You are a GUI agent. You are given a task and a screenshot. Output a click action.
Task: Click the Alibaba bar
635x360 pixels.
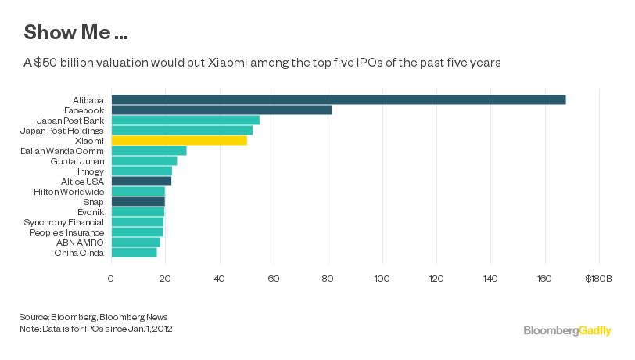click(338, 99)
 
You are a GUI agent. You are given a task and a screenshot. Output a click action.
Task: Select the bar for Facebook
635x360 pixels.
click(221, 110)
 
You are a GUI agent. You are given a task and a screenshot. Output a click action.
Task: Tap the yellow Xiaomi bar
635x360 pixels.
click(179, 140)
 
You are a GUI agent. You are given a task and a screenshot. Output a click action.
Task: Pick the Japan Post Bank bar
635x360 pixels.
click(185, 120)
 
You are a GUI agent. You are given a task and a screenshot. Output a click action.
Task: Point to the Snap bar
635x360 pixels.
click(138, 201)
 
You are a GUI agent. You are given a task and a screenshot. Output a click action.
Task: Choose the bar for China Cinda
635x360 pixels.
click(134, 252)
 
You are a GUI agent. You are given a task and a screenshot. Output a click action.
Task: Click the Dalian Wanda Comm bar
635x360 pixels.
click(149, 150)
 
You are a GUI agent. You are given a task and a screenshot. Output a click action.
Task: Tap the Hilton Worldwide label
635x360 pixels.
click(69, 191)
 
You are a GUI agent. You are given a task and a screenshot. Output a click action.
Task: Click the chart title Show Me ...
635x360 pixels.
click(77, 33)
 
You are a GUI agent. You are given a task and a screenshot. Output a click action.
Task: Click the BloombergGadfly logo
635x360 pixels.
click(568, 331)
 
